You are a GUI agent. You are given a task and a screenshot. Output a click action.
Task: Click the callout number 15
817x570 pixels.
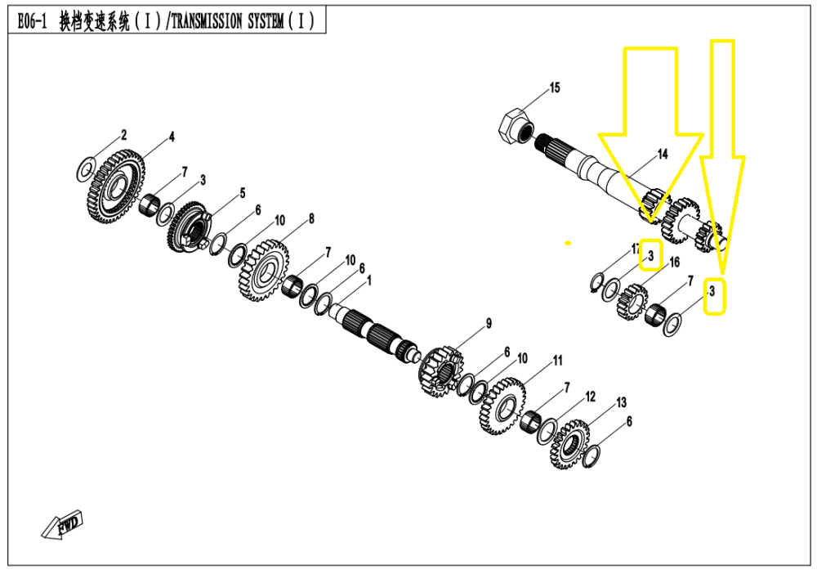coord(555,88)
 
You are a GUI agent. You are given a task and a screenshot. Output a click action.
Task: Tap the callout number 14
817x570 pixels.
coord(662,154)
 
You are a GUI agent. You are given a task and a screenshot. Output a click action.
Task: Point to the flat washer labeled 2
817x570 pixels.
coord(84,169)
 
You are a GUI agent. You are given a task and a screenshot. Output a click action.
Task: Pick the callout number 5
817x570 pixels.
coord(242,193)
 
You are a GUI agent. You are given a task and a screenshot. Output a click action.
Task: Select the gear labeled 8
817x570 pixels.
coord(263,269)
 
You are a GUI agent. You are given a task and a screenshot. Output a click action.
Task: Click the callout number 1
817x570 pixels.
coord(369,280)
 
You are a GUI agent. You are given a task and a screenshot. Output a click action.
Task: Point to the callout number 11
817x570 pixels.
coord(557,360)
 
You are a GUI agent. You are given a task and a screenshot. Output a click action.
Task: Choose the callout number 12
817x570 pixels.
coord(590,396)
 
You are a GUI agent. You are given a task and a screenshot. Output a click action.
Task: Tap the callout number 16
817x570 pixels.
coord(674,262)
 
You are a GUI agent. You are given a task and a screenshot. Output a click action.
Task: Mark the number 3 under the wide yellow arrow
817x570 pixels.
coord(650,256)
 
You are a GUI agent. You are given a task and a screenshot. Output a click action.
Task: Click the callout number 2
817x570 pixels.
coord(124,133)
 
